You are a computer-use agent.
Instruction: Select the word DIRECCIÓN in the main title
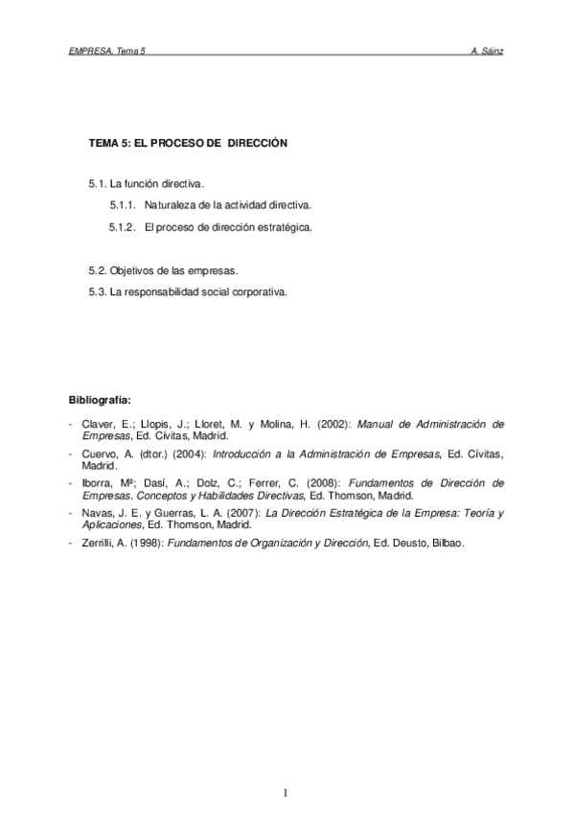coord(257,142)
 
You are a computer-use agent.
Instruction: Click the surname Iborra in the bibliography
coord(96,482)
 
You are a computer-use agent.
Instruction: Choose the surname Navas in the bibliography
coord(96,513)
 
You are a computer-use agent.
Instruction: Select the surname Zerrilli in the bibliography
coord(98,544)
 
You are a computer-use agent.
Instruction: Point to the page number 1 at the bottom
coord(287,792)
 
